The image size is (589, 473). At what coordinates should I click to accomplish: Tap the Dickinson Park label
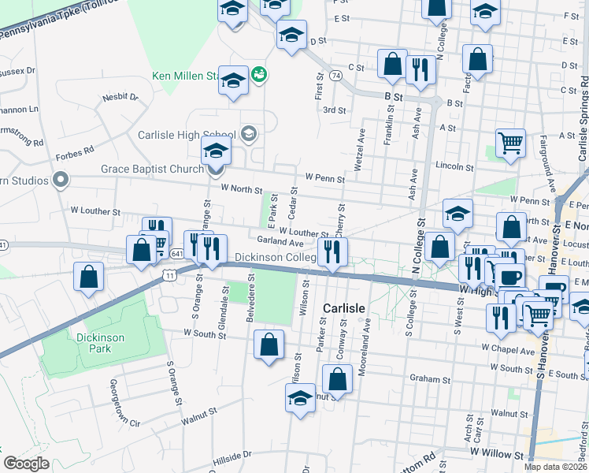click(x=100, y=344)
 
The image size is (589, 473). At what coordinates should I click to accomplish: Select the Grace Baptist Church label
click(x=152, y=169)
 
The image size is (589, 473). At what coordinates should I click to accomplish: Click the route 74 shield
click(x=336, y=76)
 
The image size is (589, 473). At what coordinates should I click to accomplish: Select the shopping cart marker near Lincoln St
click(x=511, y=143)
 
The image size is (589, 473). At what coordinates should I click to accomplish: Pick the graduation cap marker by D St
click(x=291, y=35)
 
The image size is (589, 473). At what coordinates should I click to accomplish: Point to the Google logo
click(x=27, y=464)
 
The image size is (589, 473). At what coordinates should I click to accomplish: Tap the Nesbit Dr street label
click(x=120, y=98)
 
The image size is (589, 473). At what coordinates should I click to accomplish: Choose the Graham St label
click(x=430, y=378)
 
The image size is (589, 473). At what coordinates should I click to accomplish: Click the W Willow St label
click(x=496, y=455)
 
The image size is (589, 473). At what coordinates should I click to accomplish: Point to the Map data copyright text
click(x=556, y=467)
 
